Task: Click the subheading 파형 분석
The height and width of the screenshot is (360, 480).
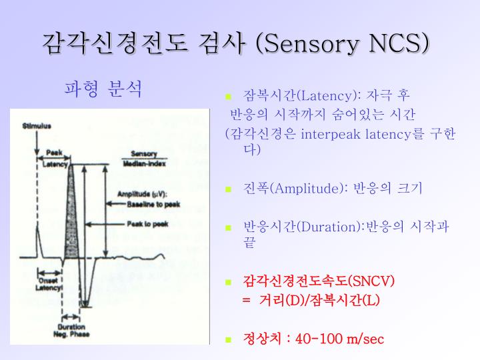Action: [x=103, y=89]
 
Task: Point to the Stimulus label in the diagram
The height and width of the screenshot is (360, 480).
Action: [x=37, y=125]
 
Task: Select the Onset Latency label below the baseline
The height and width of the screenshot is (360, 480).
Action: [x=50, y=284]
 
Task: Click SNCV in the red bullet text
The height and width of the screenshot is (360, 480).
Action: [x=372, y=281]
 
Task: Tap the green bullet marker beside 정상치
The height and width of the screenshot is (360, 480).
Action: [x=229, y=339]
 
